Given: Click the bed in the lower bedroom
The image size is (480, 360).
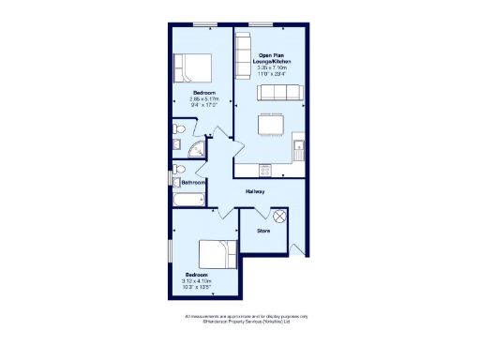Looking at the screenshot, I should point(217,256).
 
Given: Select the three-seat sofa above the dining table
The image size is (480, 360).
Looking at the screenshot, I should point(279,92).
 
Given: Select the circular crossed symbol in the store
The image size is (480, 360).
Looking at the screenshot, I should point(278,217).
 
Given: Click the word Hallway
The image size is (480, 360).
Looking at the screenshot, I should point(255,191).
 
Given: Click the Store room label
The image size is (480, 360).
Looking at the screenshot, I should point(263,230).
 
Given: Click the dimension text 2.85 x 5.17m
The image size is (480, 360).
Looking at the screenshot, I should point(204,99).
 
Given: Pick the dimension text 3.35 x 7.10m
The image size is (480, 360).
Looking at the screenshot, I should point(277,68).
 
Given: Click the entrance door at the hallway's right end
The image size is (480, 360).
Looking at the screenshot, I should point(298,247).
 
